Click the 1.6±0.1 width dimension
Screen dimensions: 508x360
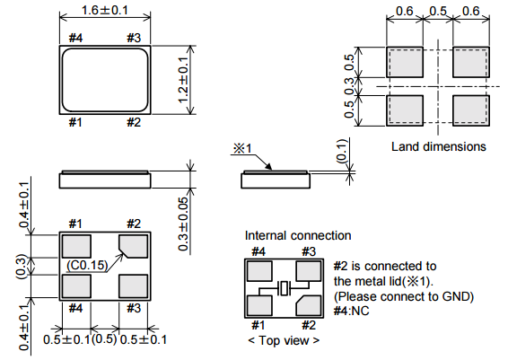105,10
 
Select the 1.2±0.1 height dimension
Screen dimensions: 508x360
183,80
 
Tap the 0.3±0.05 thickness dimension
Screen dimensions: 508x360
183,224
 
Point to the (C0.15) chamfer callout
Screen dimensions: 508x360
87,265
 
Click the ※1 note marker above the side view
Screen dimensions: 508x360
242,148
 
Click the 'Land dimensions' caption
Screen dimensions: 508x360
439,146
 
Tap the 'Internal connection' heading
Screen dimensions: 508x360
298,235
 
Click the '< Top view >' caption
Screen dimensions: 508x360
284,340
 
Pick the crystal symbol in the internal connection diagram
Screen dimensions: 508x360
285,288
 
